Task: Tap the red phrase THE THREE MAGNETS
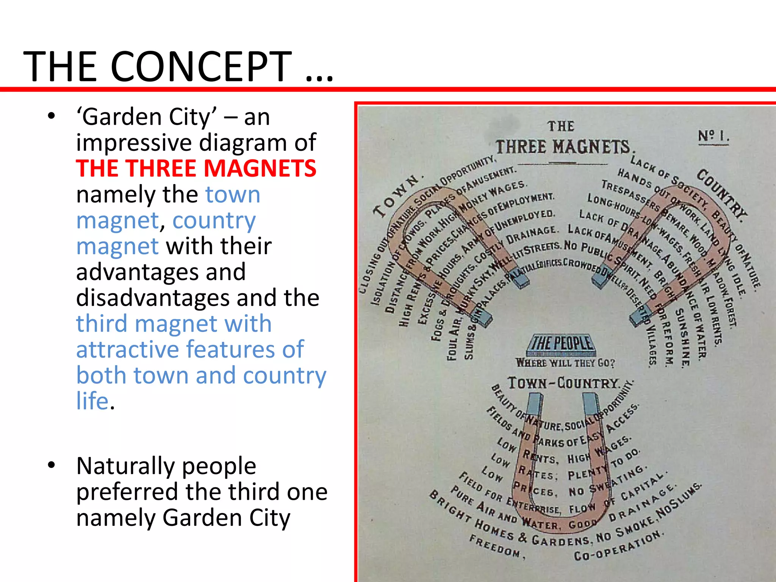(196, 168)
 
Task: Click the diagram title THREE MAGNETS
(563, 147)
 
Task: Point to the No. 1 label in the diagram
(713, 136)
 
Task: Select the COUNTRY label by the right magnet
(722, 193)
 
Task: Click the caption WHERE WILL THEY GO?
(565, 363)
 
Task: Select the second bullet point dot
(52, 466)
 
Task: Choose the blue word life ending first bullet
(93, 401)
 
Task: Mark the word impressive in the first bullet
(134, 143)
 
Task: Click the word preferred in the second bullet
(127, 492)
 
